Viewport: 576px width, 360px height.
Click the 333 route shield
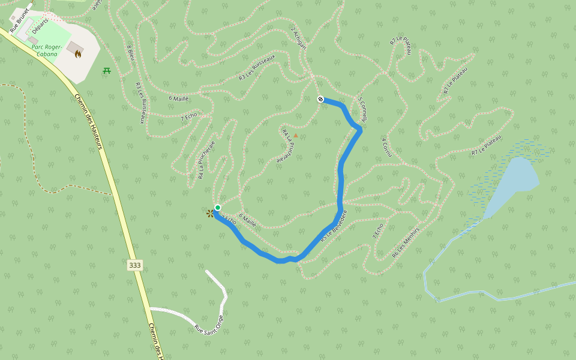click(x=135, y=265)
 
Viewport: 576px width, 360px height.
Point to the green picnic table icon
click(x=107, y=71)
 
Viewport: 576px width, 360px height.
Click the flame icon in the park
click(x=78, y=54)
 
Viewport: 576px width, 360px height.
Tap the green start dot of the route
click(x=218, y=208)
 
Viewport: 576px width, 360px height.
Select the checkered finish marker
click(x=320, y=99)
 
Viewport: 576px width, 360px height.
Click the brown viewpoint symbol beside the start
click(x=210, y=213)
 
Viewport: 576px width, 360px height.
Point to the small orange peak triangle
click(x=295, y=136)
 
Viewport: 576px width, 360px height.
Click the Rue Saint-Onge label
click(x=209, y=324)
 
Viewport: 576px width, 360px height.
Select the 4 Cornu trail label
click(x=386, y=147)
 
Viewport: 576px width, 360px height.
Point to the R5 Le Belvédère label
click(x=334, y=226)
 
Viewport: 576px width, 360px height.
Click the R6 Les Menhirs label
click(x=406, y=242)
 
